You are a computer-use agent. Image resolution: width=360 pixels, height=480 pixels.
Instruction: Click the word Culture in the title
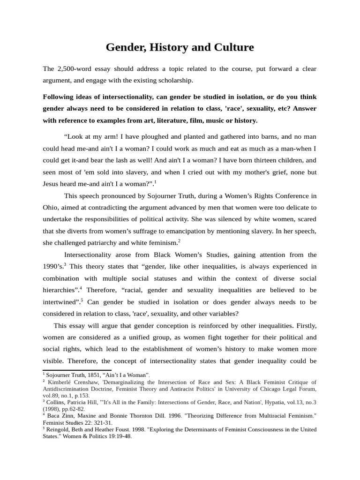point(229,47)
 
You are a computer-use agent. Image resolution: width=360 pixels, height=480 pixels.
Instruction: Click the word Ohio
point(51,207)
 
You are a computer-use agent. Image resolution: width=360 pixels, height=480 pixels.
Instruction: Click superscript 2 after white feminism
point(179,240)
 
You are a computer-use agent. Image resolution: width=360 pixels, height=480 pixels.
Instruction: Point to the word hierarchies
point(60,290)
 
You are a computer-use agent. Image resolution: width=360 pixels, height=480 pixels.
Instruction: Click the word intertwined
point(60,302)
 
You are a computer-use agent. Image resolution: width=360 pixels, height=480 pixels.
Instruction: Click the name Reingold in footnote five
point(60,429)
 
